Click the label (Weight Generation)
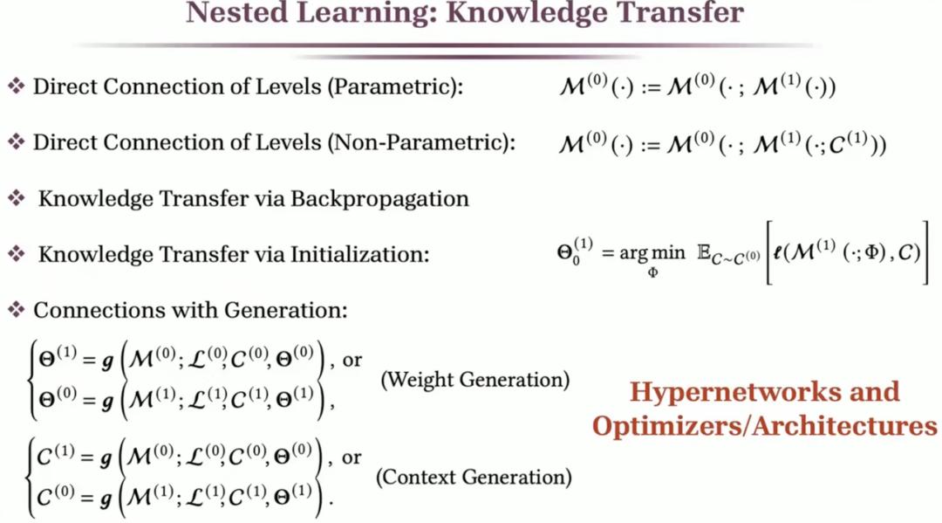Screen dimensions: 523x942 click(475, 380)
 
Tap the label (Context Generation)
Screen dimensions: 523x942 click(474, 478)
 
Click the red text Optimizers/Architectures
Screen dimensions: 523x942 click(765, 426)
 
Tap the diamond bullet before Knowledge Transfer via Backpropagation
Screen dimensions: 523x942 click(16, 199)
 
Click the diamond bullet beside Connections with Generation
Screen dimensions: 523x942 click(16, 310)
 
